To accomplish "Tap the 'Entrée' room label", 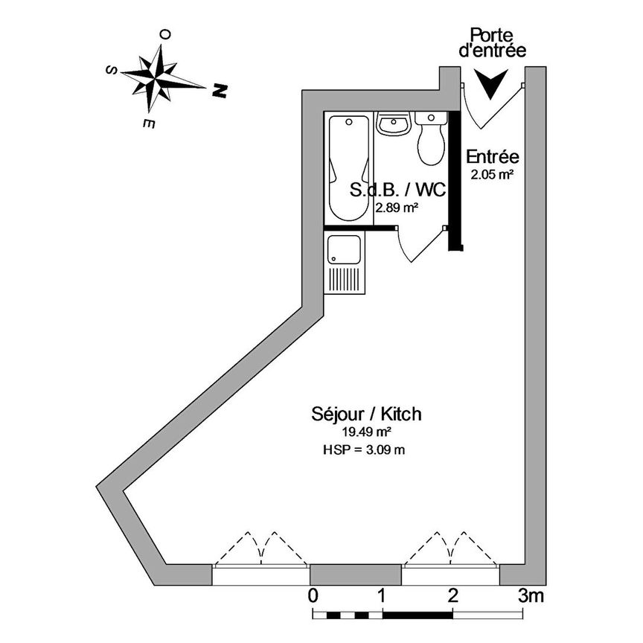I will point(492,157).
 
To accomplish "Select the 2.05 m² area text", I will point(492,176).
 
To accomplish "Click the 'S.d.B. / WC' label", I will point(398,190).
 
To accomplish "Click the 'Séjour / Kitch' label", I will point(366,414).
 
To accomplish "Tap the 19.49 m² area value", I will point(366,432).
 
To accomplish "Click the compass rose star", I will point(157,76).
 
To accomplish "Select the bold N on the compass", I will point(219,91).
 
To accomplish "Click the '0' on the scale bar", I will point(313,595).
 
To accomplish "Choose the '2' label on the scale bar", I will point(452,595).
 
